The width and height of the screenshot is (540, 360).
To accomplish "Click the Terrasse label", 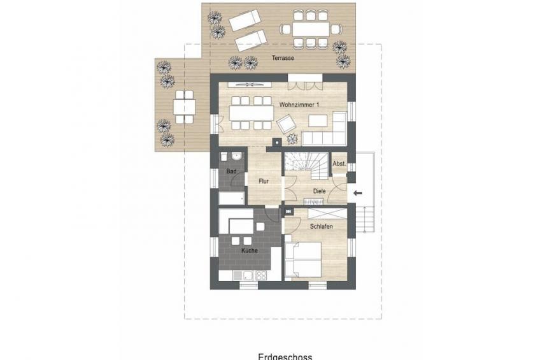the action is tap(283, 58).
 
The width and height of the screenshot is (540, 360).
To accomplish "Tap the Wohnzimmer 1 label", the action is tap(299, 104).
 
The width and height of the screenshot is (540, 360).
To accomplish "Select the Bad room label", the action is tap(231, 171).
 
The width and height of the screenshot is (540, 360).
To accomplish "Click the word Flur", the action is tap(264, 181).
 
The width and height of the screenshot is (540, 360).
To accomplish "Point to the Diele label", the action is tap(319, 191).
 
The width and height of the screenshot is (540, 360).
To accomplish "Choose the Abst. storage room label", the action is tap(339, 164).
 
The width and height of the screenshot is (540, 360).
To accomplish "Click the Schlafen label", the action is tap(322, 227).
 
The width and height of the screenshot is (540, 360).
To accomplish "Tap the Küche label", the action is tap(250, 250).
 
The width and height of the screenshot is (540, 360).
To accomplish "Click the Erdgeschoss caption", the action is tap(285, 357).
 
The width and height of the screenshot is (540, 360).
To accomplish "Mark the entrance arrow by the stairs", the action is tap(358, 193).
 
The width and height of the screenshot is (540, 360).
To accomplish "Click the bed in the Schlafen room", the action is tap(303, 259).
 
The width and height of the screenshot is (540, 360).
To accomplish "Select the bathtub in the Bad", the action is tap(232, 198).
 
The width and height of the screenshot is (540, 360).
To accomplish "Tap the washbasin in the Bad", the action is tap(236, 157).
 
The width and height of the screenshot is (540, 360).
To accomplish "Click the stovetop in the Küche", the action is tap(260, 275).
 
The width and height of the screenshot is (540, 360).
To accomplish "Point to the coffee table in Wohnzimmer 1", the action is tap(318, 120).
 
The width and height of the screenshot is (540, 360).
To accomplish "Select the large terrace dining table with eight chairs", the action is tap(311, 29).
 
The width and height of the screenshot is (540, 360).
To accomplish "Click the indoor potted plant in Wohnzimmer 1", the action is tap(292, 138).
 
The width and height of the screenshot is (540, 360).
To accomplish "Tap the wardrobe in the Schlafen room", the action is tap(327, 213).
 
